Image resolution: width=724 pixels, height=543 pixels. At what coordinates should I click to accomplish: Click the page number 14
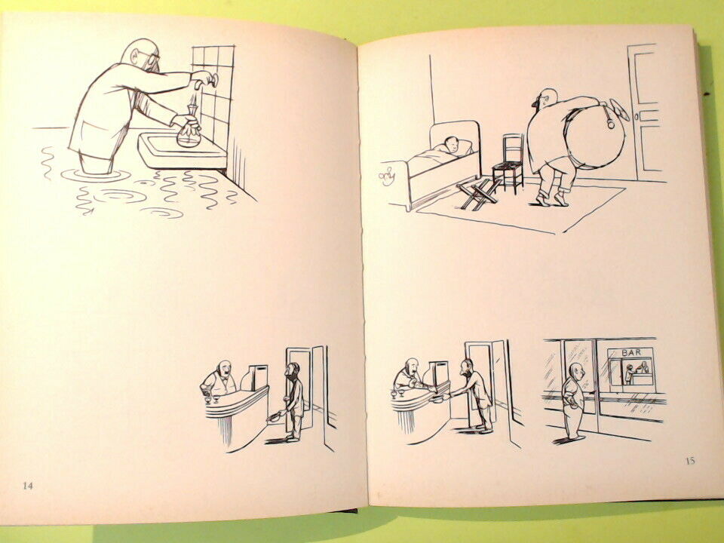click(x=28, y=485)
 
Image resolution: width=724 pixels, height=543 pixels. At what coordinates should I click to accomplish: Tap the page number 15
click(x=690, y=460)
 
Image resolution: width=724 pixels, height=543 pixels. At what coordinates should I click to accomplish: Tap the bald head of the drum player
click(x=548, y=98)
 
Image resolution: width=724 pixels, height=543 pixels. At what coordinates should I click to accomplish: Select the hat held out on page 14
click(x=275, y=417)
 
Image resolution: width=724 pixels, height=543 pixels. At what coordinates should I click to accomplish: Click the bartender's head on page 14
click(x=224, y=369)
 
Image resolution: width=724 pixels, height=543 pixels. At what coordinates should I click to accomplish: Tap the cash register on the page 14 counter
click(x=253, y=376)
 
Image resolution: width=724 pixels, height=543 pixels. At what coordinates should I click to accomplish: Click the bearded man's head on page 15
click(x=467, y=367)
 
